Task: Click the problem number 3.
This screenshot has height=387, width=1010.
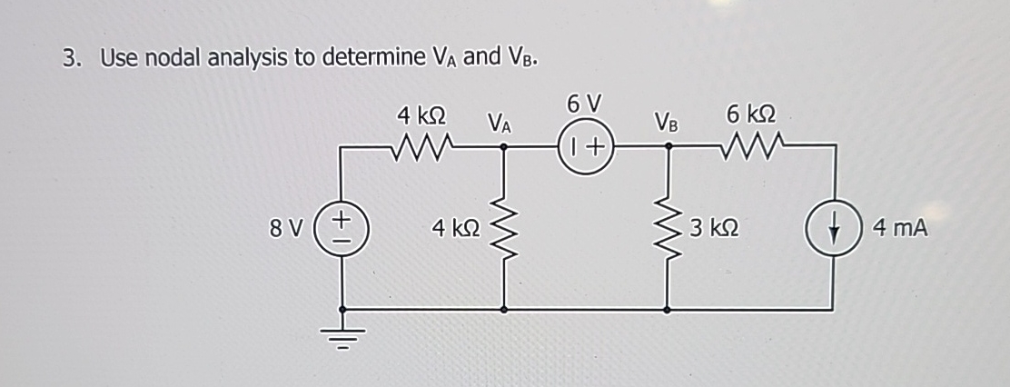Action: click(x=70, y=59)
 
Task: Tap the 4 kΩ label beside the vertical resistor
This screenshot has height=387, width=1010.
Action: click(x=454, y=228)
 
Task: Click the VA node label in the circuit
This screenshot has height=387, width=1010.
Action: click(x=499, y=121)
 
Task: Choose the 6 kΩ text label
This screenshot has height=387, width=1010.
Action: click(x=751, y=114)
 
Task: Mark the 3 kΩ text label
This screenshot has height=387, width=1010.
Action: click(x=713, y=228)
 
